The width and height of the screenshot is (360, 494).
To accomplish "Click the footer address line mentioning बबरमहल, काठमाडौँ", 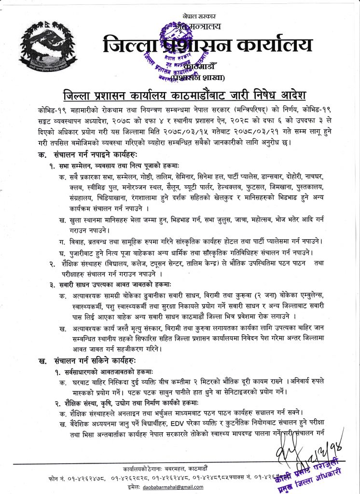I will [172, 469].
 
